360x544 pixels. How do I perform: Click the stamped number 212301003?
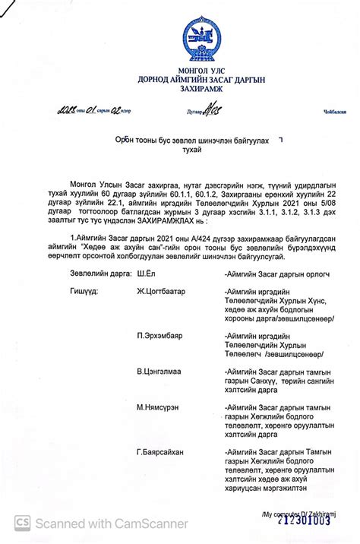[304, 520]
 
